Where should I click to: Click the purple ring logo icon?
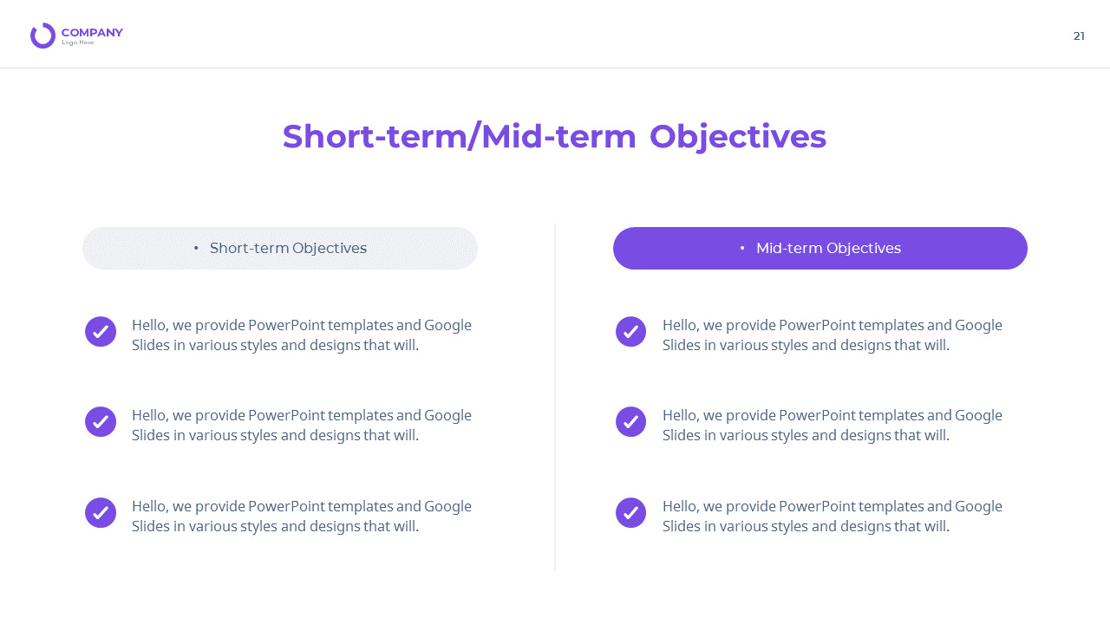click(42, 36)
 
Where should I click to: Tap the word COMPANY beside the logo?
click(92, 33)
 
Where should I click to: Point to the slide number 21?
click(1079, 36)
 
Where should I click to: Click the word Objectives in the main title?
click(737, 137)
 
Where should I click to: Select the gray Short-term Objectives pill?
click(279, 249)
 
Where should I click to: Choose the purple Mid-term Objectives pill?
click(819, 249)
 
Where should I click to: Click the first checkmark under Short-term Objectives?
click(101, 332)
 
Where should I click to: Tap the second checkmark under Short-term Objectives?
click(101, 422)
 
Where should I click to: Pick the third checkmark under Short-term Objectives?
click(101, 513)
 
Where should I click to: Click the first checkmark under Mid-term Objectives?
click(630, 332)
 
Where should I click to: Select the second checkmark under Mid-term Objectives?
click(630, 422)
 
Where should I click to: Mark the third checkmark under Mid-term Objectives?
click(630, 513)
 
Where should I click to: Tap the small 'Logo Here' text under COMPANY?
click(78, 43)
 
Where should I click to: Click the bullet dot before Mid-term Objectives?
click(742, 249)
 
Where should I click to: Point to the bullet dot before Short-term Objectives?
click(196, 249)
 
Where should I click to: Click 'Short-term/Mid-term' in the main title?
click(459, 137)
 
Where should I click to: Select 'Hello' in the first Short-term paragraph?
click(149, 326)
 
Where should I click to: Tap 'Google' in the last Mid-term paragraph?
click(978, 507)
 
